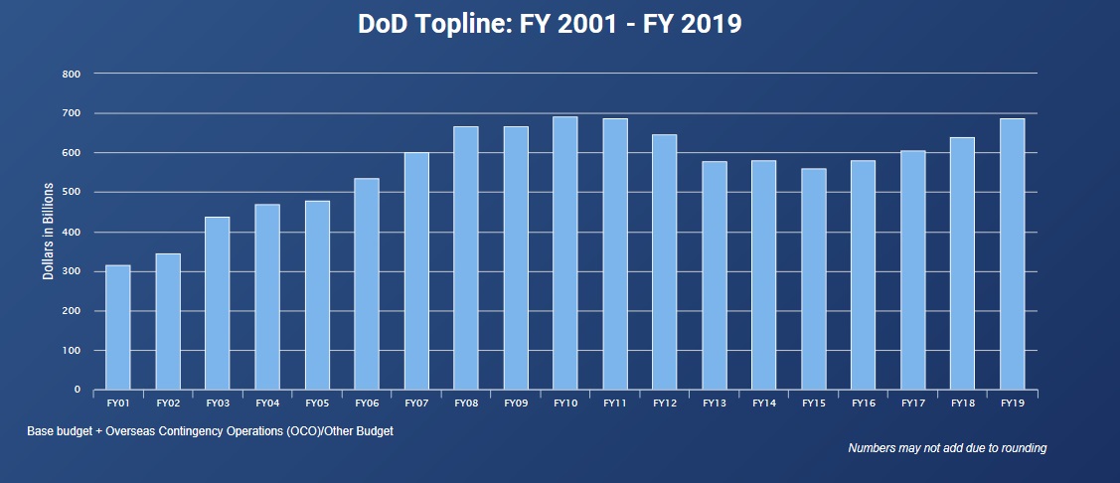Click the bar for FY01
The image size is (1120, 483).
(x=118, y=327)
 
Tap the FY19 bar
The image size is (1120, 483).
(x=1013, y=254)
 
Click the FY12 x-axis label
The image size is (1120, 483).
(x=665, y=402)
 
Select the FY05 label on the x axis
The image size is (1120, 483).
(x=317, y=402)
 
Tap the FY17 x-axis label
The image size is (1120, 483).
(x=913, y=402)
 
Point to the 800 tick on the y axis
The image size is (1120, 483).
(x=71, y=74)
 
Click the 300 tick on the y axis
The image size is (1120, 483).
(x=71, y=271)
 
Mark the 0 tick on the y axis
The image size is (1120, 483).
(x=77, y=390)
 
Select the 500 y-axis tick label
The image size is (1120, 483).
(x=71, y=192)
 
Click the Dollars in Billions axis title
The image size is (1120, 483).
(x=49, y=231)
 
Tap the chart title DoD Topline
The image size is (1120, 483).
(x=550, y=24)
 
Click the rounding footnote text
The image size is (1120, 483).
(x=946, y=448)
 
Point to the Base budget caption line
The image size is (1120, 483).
(x=211, y=431)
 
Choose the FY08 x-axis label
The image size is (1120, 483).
(x=466, y=402)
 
